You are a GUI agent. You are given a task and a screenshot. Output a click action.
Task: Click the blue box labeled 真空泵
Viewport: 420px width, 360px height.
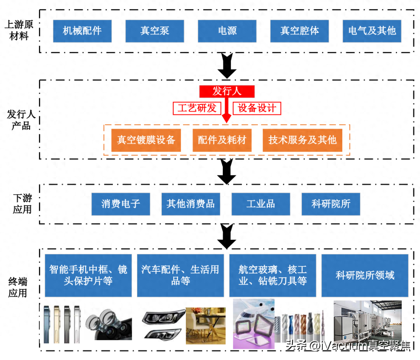coord(155,31)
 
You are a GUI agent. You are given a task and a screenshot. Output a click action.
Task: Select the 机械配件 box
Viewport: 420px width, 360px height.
coord(82,31)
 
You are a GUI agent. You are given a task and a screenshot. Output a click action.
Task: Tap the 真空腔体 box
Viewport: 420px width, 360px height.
coord(299,31)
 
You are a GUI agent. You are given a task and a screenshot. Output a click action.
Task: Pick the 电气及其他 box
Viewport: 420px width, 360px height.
coord(372,31)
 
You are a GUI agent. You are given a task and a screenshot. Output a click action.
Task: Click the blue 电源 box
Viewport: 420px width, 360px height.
coord(227,31)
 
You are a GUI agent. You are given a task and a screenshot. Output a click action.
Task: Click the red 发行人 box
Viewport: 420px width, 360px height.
coord(227,91)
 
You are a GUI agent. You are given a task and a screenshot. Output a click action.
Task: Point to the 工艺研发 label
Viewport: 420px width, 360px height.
coord(197,108)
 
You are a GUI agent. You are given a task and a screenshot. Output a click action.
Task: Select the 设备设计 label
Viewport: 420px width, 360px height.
coord(257,108)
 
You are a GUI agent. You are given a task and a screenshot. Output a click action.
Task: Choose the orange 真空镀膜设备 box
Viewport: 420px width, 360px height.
coord(146,140)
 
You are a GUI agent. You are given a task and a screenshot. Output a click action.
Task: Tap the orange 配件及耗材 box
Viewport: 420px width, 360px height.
coord(222,140)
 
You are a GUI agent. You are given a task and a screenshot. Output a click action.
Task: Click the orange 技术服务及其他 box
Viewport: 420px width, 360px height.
coord(302,140)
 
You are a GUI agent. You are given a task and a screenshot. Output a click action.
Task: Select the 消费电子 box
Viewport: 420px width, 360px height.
coord(121,204)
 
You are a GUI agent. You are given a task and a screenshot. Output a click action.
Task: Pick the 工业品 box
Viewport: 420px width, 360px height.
coord(261,204)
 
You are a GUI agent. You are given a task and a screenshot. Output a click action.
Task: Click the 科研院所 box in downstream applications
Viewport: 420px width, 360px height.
coord(331,204)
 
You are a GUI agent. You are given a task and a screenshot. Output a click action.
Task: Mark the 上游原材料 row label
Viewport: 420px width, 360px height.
coord(19,31)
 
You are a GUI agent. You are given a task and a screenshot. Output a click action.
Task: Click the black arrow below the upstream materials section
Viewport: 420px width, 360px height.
coord(227,66)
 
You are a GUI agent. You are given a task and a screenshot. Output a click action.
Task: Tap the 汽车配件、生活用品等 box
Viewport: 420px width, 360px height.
coord(180,275)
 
